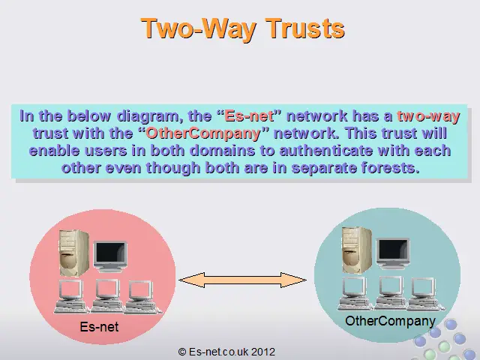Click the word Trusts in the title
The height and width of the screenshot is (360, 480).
click(x=305, y=28)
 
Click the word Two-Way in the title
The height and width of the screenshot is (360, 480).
click(x=198, y=29)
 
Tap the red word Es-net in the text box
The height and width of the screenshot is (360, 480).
click(x=250, y=116)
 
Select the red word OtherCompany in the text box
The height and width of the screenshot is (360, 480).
click(x=203, y=133)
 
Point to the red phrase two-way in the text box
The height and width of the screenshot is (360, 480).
click(x=428, y=116)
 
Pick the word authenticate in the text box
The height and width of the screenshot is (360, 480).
click(x=326, y=151)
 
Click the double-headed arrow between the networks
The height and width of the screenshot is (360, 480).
click(x=242, y=280)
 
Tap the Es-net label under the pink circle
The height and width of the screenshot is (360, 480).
click(x=99, y=327)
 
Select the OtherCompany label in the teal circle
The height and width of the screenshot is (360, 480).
click(x=390, y=322)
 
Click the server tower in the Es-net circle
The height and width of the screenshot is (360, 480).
click(x=74, y=253)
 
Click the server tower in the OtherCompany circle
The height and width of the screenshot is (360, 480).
click(x=357, y=250)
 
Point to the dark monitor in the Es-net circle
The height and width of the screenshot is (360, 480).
click(x=110, y=256)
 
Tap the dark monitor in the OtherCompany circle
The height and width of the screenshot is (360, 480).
click(x=393, y=253)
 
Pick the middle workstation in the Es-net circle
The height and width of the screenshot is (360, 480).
click(x=107, y=295)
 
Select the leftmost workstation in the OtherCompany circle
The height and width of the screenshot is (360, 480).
click(x=355, y=293)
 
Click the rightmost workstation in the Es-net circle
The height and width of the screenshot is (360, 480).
click(x=142, y=297)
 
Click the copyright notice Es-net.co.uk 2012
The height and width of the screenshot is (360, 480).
click(x=226, y=352)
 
